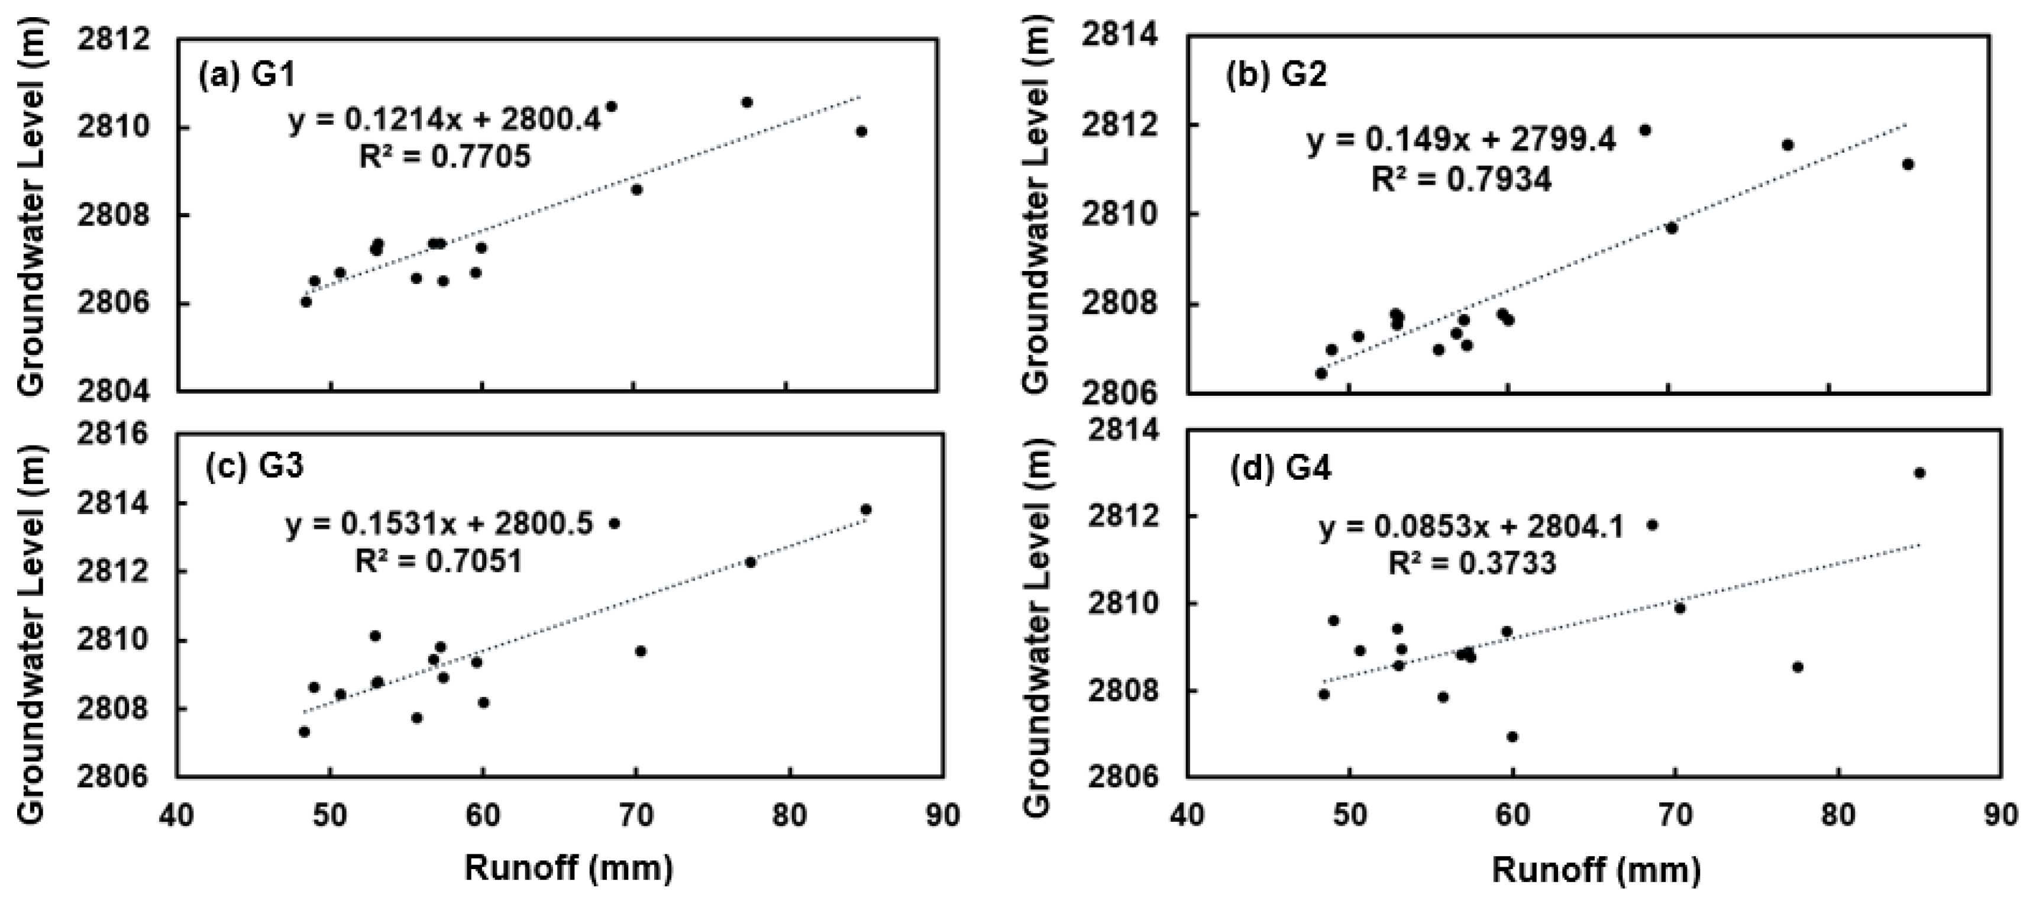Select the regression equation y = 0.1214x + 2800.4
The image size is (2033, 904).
click(444, 123)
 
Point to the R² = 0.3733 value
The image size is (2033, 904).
click(1472, 564)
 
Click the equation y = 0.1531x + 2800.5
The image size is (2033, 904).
click(439, 525)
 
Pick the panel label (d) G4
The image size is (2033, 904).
click(1280, 470)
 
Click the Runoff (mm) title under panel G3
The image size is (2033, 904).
click(568, 869)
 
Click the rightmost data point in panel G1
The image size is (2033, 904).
click(861, 132)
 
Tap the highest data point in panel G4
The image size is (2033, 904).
click(1919, 473)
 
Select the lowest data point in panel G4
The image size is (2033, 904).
click(1512, 737)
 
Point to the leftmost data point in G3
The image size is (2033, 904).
click(304, 732)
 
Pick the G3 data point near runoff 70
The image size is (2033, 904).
click(640, 651)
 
